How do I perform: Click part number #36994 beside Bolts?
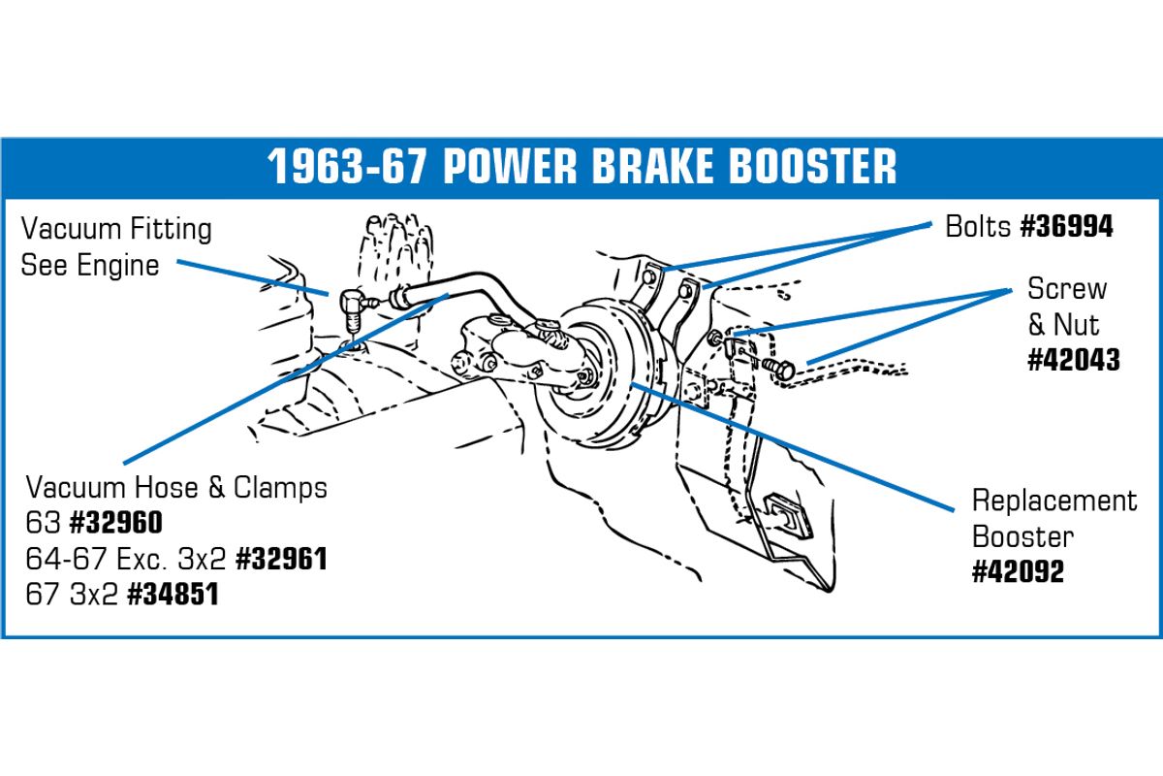point(1066,227)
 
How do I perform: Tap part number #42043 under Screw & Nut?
point(1074,360)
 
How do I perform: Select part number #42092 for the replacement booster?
point(1019,571)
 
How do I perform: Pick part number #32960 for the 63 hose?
point(115,523)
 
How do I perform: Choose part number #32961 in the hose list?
point(281,559)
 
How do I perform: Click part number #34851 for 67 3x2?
point(173,594)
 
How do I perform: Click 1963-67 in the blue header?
point(346,166)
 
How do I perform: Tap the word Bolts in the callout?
point(978,227)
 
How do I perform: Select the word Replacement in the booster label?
point(1054,501)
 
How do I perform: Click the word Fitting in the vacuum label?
point(171,229)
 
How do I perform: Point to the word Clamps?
point(280,489)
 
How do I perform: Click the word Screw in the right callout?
point(1067,288)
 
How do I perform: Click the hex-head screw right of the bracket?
point(779,369)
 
